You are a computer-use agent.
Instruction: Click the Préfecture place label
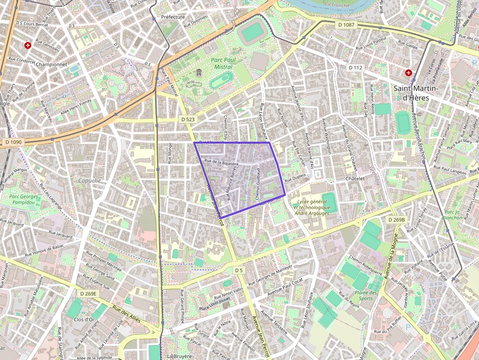click(x=173, y=17)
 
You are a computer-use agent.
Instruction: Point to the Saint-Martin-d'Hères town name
click(x=416, y=92)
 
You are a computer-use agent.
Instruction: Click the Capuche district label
click(x=89, y=180)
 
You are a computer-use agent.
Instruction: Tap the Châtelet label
click(x=355, y=179)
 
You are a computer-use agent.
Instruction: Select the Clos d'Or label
click(x=84, y=319)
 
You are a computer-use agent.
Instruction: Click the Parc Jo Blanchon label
click(x=452, y=215)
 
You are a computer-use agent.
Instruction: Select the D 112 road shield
click(x=355, y=67)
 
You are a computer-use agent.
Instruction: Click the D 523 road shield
click(x=188, y=119)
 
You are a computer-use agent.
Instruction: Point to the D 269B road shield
click(x=396, y=220)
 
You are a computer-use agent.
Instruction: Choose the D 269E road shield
click(x=88, y=294)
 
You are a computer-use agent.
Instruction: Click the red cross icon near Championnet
click(x=28, y=45)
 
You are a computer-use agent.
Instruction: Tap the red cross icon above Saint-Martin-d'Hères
click(x=409, y=73)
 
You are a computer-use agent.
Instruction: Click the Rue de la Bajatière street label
click(x=221, y=162)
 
